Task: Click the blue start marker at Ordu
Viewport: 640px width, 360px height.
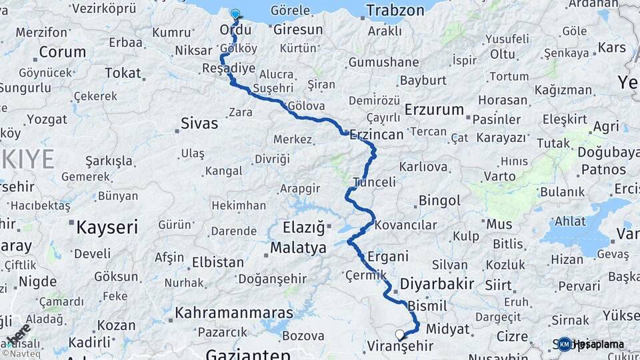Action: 235,14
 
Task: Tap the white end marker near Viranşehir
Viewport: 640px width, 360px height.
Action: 399,335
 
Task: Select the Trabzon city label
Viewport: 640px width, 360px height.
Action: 395,11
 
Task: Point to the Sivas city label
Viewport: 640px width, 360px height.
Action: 199,123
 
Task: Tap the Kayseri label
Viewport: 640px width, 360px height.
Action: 107,227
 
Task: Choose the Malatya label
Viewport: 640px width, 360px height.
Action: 298,248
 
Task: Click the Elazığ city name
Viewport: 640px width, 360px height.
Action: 298,227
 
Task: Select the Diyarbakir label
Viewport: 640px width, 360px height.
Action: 437,284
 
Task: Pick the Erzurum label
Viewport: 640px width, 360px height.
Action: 434,109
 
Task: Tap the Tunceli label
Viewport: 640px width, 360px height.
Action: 374,182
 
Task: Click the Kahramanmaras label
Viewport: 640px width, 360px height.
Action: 234,313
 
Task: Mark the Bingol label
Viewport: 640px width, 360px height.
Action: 439,200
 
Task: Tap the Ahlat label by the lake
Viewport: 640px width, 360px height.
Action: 570,221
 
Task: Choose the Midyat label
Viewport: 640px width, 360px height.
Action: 448,329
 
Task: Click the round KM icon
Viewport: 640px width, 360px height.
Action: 565,344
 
